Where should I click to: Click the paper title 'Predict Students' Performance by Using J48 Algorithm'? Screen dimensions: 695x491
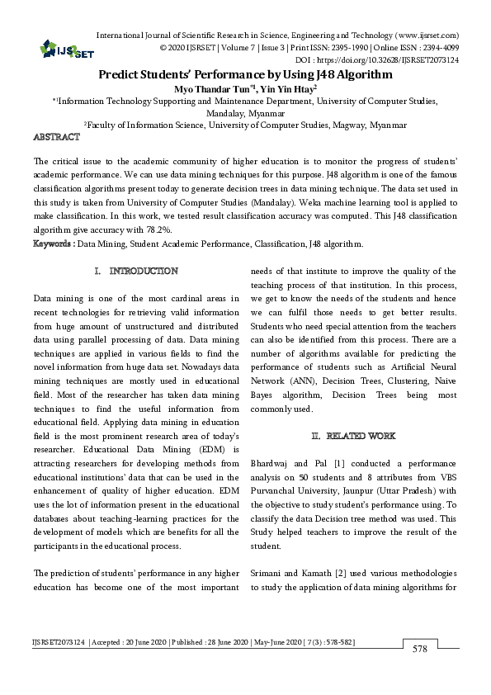coord(245,73)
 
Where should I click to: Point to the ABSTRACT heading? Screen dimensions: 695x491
coord(56,136)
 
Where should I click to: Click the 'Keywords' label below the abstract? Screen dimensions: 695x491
coord(53,243)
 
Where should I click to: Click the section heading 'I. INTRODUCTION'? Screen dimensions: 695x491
coord(137,271)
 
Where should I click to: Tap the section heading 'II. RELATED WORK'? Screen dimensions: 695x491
coord(353,435)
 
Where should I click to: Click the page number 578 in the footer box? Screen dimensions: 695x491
coord(420,650)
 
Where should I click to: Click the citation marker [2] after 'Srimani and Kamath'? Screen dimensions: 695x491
coord(342,571)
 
